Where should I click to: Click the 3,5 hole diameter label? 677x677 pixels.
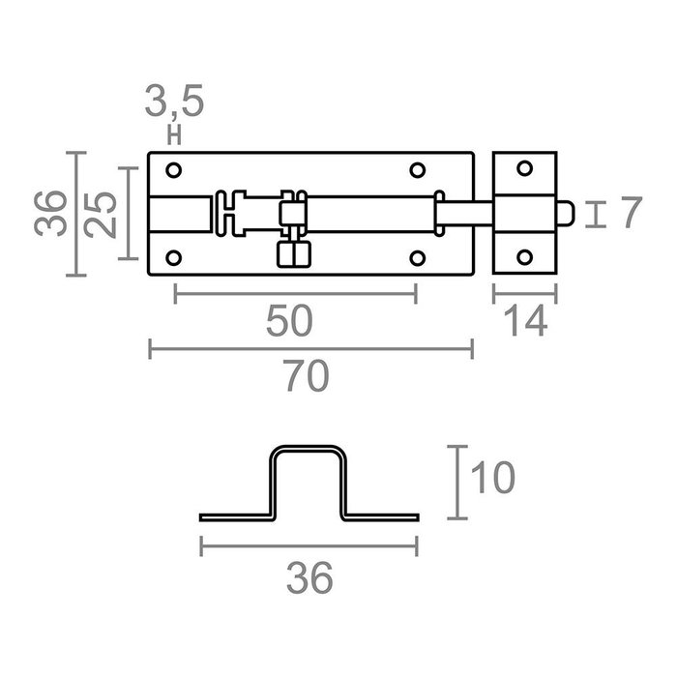(x=175, y=102)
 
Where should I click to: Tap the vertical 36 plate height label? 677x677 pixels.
(x=54, y=213)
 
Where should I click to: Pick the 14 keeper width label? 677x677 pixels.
(x=524, y=321)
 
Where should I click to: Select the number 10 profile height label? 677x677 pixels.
(x=492, y=477)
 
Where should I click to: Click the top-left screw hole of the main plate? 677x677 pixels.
(x=174, y=170)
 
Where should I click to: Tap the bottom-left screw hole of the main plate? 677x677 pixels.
(x=174, y=257)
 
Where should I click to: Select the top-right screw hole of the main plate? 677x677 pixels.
(x=417, y=170)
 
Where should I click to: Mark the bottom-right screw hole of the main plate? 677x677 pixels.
(x=417, y=257)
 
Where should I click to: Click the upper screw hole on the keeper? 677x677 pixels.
(x=524, y=169)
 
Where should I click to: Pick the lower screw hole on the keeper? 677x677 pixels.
(x=524, y=257)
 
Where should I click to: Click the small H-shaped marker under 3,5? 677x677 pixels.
(x=175, y=135)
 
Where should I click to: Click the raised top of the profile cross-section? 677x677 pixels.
(x=309, y=450)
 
